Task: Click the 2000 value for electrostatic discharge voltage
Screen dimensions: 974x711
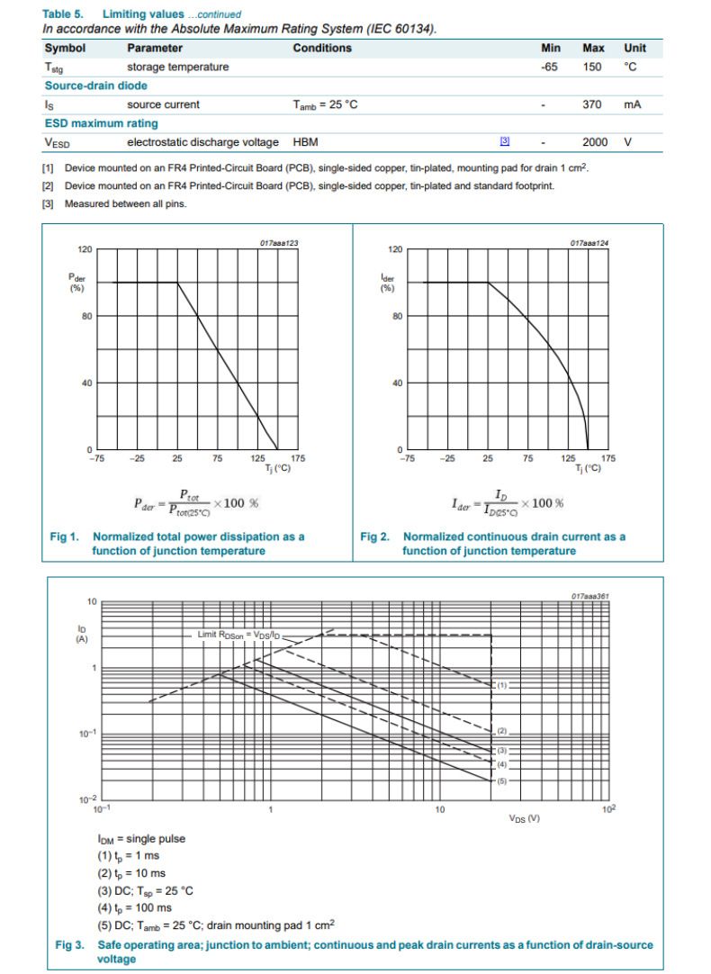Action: [x=595, y=142]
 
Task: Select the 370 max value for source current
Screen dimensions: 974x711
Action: [x=591, y=104]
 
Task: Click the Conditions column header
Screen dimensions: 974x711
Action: [x=322, y=48]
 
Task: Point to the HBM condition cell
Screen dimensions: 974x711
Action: [x=305, y=142]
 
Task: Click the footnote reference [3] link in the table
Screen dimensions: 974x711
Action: [x=505, y=142]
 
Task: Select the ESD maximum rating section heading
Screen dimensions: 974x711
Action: [x=101, y=123]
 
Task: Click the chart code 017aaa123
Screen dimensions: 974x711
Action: [x=278, y=243]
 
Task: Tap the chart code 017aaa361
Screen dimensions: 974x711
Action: [x=589, y=596]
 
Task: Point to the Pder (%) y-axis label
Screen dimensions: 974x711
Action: [x=77, y=283]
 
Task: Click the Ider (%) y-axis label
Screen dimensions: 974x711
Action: [x=388, y=283]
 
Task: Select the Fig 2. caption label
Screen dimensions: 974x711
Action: [x=375, y=537]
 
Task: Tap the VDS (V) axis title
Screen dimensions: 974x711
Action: [x=524, y=818]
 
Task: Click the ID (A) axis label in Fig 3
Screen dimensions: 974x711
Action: [x=81, y=634]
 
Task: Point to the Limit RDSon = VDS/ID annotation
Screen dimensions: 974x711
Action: [x=240, y=635]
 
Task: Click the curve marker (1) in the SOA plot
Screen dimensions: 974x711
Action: [x=502, y=685]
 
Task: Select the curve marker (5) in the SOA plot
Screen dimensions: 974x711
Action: [x=502, y=780]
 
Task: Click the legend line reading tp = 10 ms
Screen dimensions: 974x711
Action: [x=131, y=873]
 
